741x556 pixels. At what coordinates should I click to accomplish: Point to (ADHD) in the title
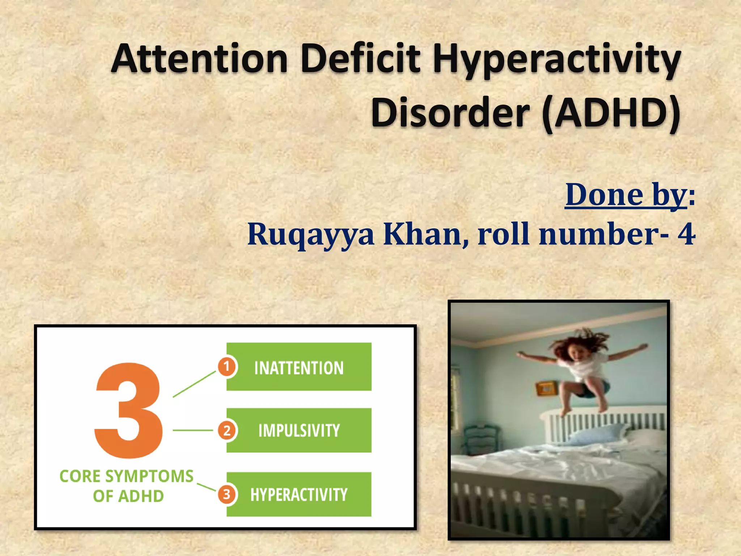click(611, 113)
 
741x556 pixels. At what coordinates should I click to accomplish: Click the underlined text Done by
click(626, 195)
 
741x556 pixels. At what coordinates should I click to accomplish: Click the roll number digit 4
click(686, 234)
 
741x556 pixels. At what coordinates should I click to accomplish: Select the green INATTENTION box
click(299, 367)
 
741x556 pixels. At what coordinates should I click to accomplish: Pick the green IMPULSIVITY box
click(299, 430)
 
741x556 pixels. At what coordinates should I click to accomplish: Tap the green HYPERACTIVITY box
click(299, 494)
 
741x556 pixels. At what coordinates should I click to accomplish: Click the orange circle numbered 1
click(226, 367)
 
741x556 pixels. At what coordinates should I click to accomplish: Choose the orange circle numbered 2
click(226, 431)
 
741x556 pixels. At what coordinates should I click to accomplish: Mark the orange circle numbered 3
click(226, 494)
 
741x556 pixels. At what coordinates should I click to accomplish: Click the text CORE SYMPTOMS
click(126, 476)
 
